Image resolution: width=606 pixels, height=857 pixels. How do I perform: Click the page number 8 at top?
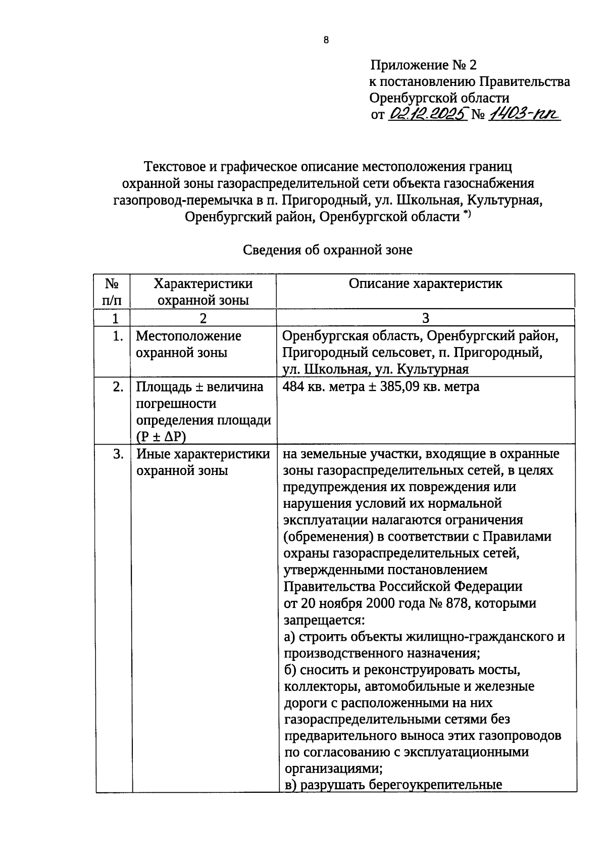(x=326, y=40)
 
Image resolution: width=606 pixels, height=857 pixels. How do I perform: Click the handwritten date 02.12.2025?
(x=428, y=114)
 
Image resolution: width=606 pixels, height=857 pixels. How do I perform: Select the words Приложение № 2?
(x=423, y=65)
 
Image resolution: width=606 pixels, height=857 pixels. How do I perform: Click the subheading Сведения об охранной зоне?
(x=328, y=250)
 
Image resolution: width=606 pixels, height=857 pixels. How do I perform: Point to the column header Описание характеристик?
(x=425, y=283)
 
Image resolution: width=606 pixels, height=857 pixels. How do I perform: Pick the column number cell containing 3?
(x=425, y=318)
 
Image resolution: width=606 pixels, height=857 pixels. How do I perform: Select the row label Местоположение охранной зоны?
(x=188, y=344)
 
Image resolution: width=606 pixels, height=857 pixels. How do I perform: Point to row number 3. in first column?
(x=118, y=454)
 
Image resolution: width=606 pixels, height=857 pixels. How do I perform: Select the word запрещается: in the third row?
(x=324, y=620)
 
